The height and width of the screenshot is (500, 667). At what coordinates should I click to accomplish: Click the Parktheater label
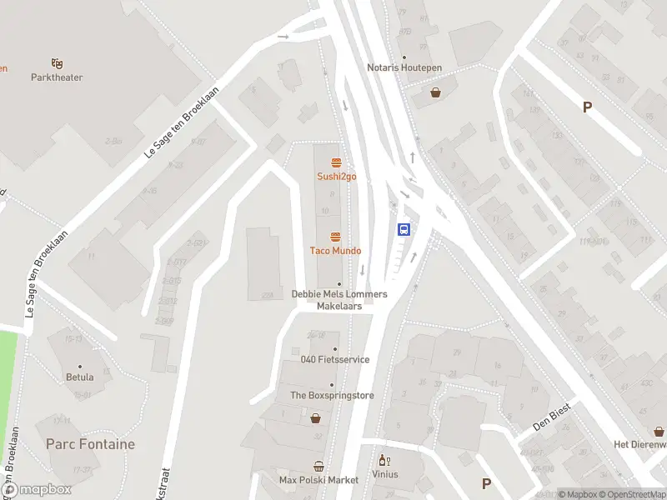[x=57, y=77]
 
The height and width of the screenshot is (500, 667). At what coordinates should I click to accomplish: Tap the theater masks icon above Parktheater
[x=57, y=62]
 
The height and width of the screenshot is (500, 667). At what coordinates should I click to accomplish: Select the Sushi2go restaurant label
[x=336, y=177]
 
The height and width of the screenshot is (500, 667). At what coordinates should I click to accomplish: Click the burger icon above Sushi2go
[x=336, y=162]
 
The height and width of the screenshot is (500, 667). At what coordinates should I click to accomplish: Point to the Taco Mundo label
[x=336, y=251]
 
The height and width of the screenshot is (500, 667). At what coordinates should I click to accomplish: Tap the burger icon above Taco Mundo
[x=336, y=237]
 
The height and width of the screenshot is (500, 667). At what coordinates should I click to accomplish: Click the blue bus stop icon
[x=404, y=229]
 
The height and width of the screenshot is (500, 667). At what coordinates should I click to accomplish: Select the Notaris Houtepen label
[x=404, y=67]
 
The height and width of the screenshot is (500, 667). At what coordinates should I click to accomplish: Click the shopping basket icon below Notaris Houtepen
[x=435, y=92]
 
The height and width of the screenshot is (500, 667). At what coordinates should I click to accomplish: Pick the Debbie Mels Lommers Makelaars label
[x=339, y=300]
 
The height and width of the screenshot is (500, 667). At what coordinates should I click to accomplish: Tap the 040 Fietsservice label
[x=335, y=360]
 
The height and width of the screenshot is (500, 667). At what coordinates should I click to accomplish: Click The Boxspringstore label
[x=332, y=396]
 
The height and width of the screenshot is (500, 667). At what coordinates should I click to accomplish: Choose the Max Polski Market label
[x=318, y=480]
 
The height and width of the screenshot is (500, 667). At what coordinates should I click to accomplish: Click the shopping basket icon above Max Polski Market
[x=318, y=467]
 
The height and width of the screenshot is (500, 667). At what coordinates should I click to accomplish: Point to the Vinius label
[x=385, y=474]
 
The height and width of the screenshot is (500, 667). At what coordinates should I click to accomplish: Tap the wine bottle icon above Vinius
[x=384, y=460]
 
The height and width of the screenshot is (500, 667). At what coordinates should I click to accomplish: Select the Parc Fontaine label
[x=90, y=444]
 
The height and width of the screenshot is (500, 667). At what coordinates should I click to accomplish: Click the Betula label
[x=80, y=377]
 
